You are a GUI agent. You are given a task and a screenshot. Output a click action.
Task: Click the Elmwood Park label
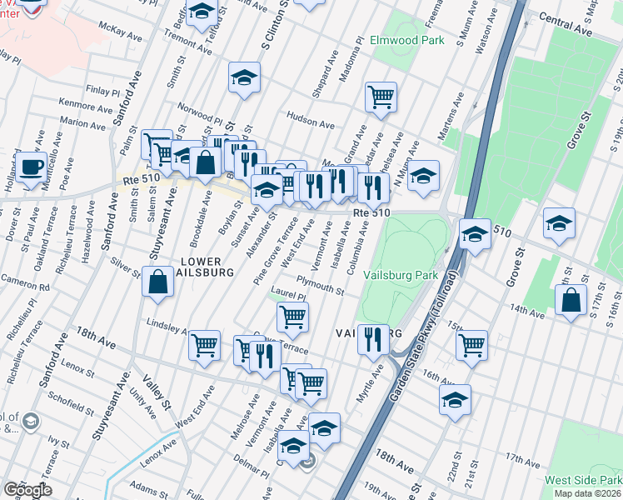pyautogui.click(x=421, y=38)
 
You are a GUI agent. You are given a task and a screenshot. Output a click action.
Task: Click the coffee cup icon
pyautogui.click(x=32, y=166)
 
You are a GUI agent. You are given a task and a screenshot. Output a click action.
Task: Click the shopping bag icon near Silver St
pyautogui.click(x=157, y=282)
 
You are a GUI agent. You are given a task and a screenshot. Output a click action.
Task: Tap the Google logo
pyautogui.click(x=27, y=490)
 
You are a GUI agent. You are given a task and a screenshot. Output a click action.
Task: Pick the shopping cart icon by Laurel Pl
pyautogui.click(x=292, y=316)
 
